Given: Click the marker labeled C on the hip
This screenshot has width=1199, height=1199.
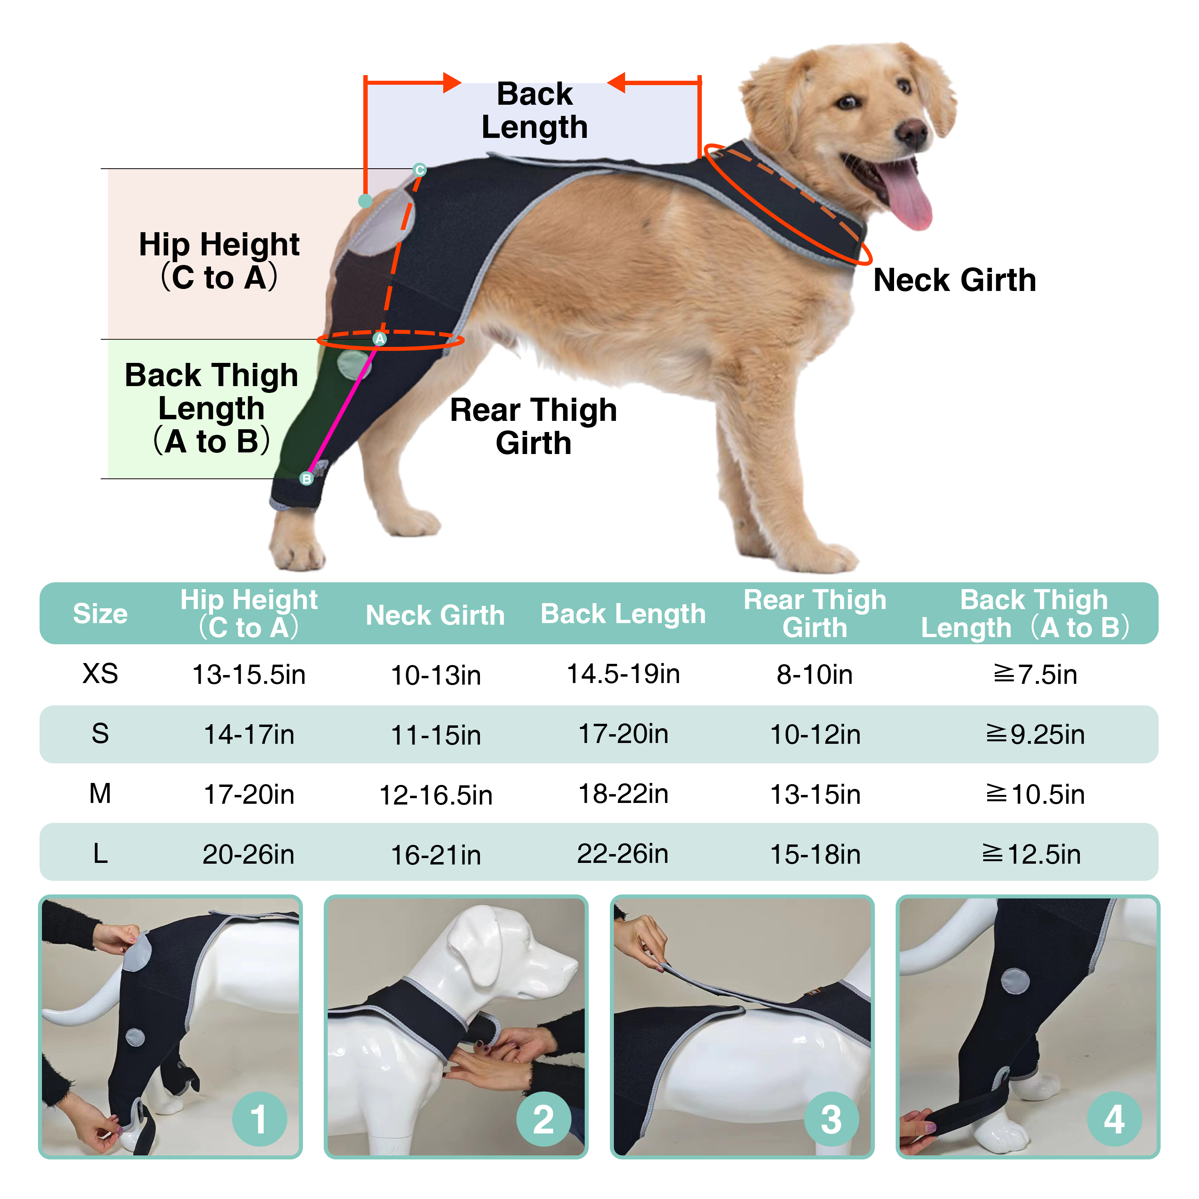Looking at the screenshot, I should point(420,170).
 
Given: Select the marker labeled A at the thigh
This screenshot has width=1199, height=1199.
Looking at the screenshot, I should point(379,339).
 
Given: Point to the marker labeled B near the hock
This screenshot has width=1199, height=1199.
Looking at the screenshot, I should point(307,478).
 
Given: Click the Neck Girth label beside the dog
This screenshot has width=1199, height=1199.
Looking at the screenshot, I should point(954,280).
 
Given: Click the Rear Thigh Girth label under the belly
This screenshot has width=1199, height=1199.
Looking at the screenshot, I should point(533,426).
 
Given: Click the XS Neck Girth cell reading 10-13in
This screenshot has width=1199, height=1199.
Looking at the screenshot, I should point(436,675).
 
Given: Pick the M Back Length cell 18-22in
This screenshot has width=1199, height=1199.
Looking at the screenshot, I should point(623,794).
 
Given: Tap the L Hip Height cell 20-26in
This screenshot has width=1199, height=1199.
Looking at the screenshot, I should point(248,854).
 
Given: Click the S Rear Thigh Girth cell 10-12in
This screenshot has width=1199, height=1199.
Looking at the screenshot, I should point(815,734).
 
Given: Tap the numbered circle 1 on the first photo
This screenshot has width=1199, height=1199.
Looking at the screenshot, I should point(259,1119).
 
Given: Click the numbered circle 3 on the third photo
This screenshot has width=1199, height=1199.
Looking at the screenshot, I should point(831,1119).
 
